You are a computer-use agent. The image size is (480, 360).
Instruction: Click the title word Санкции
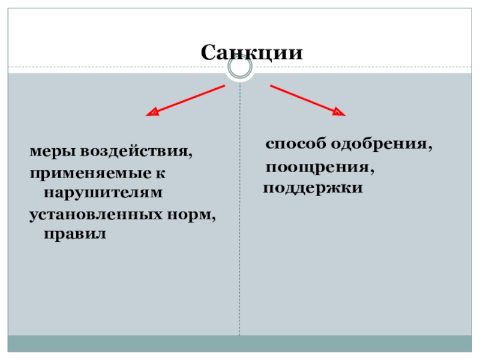pos(251,52)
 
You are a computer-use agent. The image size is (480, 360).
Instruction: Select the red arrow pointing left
pos(185,99)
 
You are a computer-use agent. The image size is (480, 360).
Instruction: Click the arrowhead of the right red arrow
pos(338,112)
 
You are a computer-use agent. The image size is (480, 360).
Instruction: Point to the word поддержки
pos(313,188)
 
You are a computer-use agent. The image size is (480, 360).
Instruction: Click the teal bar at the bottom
pos(240,344)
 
